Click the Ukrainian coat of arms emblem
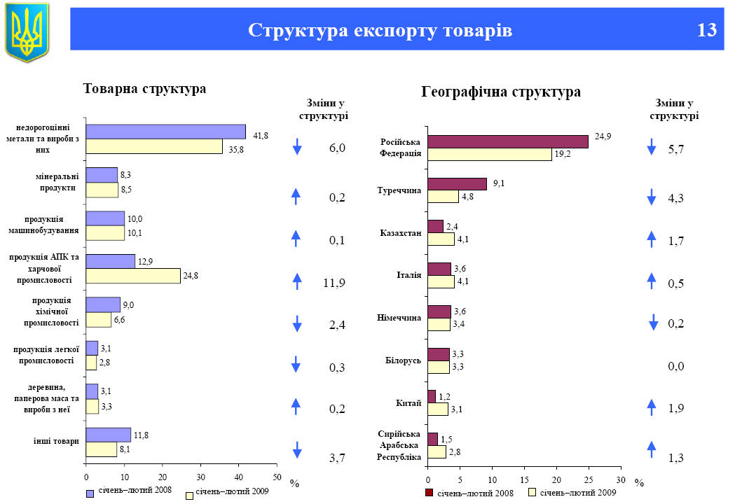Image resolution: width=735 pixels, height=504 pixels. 27,31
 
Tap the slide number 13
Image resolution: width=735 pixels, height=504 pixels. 707,31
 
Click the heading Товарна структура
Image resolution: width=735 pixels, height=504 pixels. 144,90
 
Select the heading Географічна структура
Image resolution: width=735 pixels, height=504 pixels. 501,92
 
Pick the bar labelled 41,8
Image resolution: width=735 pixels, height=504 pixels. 165,132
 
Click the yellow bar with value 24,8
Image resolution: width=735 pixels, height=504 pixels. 133,276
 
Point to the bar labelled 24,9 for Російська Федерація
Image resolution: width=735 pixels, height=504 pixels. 507,141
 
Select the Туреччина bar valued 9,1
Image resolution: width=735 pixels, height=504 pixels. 457,184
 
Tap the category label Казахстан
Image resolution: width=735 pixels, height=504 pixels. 400,233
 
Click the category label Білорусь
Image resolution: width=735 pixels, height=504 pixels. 403,360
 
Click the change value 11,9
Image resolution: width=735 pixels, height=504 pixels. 334,283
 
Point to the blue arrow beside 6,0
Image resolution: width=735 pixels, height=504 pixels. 297,147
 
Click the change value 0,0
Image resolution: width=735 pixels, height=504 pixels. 675,366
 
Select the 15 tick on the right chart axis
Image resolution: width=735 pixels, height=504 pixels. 524,480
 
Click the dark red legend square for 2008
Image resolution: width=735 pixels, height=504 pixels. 430,493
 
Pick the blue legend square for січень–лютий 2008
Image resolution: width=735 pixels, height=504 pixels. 90,493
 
